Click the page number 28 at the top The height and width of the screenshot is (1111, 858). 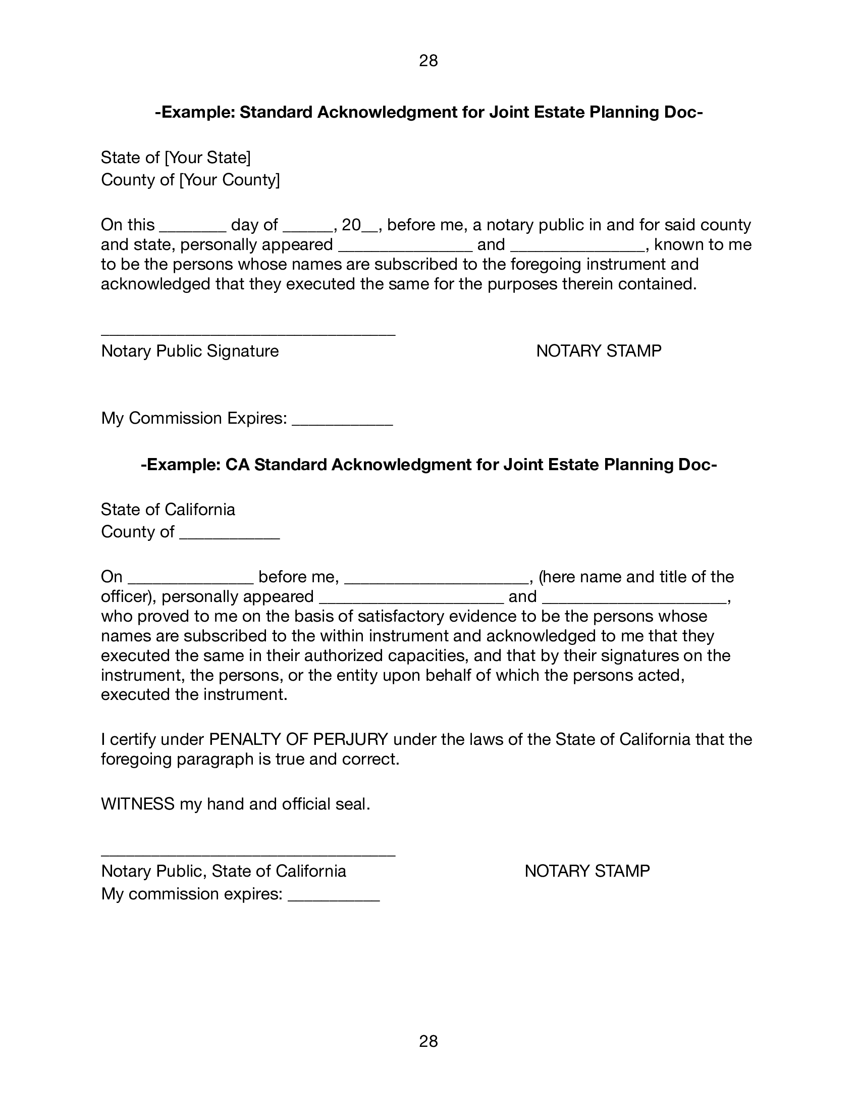coord(428,61)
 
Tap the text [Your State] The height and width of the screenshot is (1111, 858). coord(207,158)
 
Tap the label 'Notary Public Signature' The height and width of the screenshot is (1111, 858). coord(190,351)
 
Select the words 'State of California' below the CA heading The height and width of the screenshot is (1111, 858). coord(168,510)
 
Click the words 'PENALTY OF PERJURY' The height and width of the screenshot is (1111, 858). coord(299,739)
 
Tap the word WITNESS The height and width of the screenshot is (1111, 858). coord(138,804)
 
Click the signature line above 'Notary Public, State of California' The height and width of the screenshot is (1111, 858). coord(248,854)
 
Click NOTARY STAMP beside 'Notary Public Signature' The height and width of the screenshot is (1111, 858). coord(599,351)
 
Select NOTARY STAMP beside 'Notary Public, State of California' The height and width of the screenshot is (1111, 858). coord(587,871)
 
